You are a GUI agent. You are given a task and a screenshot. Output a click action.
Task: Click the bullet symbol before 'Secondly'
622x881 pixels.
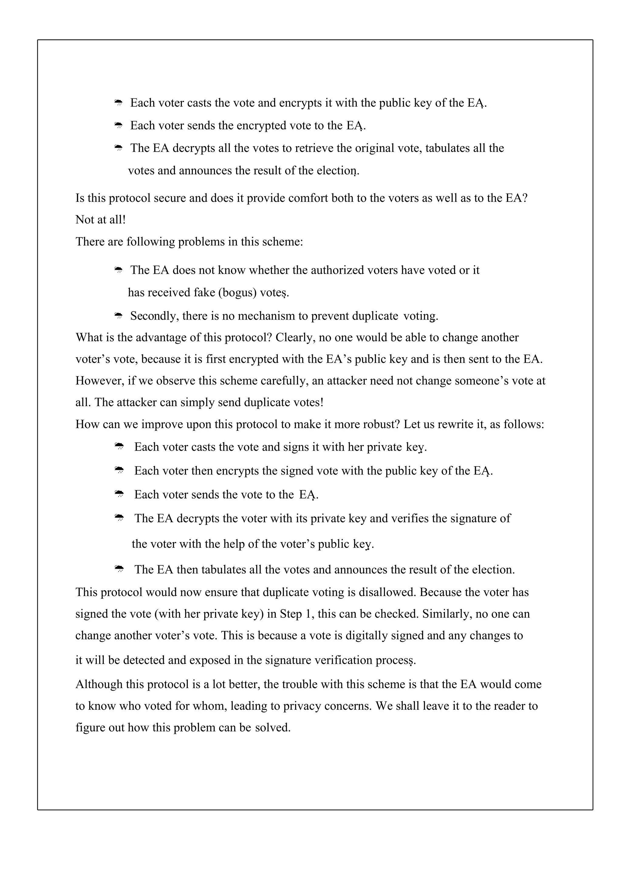click(x=118, y=316)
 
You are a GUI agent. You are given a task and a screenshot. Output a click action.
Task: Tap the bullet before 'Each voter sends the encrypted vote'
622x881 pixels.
click(x=118, y=125)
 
